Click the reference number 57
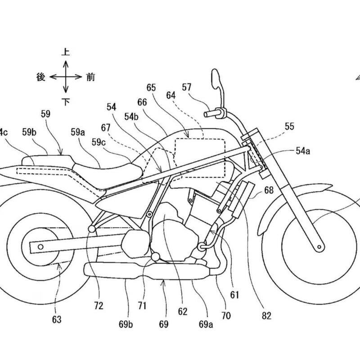point(187,87)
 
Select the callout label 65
point(151,87)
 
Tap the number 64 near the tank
point(171,95)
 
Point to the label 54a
point(303,151)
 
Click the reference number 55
point(289,127)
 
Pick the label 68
point(269,191)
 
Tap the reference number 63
point(57,320)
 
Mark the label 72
point(99,306)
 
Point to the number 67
point(106,128)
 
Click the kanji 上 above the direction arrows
point(66,52)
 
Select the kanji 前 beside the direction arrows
point(90,77)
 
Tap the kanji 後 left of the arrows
point(41,77)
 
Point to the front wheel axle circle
point(319,246)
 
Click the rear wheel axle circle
point(41,246)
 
